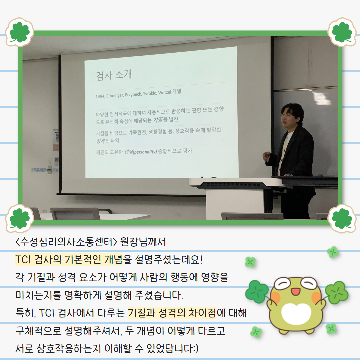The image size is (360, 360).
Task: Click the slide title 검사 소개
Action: [114, 75]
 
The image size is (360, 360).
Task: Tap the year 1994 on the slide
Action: [100, 96]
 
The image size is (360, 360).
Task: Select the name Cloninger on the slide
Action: [114, 95]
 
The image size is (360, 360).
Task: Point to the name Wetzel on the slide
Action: [164, 92]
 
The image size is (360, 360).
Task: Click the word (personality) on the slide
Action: [145, 152]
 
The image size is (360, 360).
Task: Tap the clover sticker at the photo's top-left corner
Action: [20, 32]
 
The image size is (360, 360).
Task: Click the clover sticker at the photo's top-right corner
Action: [342, 32]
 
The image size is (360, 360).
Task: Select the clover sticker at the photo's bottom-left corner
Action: [20, 218]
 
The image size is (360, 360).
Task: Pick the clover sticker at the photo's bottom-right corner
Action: [342, 218]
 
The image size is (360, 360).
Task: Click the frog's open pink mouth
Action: [295, 292]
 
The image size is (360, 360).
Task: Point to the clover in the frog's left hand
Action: [257, 291]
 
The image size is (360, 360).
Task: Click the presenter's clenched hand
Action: [266, 156]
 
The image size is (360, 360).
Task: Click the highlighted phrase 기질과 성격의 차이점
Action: [172, 313]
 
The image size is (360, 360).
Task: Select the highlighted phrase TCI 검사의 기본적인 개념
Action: [69, 260]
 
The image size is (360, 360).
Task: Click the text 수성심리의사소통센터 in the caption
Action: [66, 242]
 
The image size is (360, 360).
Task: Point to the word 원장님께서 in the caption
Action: [143, 242]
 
